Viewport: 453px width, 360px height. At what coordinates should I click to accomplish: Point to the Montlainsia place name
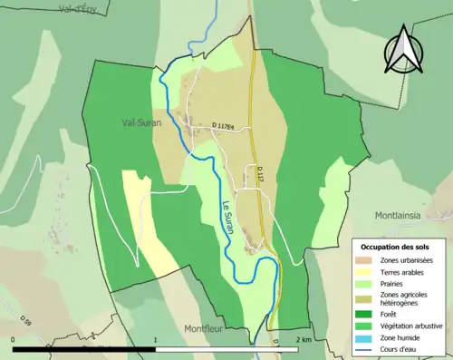click(404, 215)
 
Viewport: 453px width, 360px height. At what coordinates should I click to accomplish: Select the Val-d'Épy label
click(77, 8)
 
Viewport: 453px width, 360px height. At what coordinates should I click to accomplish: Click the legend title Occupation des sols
click(400, 247)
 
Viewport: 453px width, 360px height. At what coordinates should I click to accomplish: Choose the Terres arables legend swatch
click(364, 272)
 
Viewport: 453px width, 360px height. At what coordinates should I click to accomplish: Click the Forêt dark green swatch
click(364, 315)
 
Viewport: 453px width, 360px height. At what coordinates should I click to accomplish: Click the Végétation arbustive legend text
click(413, 326)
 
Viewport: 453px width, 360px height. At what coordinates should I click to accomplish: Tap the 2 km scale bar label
click(304, 339)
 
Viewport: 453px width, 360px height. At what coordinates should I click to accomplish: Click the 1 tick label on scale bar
click(156, 339)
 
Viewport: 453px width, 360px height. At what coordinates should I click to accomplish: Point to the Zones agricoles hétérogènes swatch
click(364, 299)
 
